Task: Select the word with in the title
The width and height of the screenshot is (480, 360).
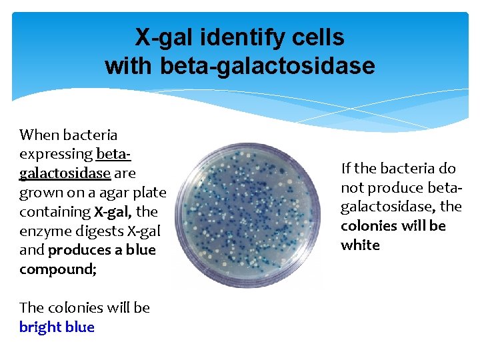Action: click(x=129, y=66)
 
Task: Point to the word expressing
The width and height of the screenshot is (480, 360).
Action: click(x=55, y=155)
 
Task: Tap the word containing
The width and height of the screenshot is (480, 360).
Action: click(x=55, y=212)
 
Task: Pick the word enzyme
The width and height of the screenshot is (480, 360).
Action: click(x=43, y=231)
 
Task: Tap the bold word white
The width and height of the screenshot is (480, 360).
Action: click(x=360, y=245)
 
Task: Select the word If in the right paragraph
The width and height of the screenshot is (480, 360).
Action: click(x=345, y=168)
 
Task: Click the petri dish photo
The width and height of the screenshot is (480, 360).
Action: click(x=246, y=213)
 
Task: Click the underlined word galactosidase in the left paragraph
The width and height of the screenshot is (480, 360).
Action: click(x=65, y=173)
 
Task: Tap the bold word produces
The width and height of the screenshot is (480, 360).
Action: click(x=79, y=250)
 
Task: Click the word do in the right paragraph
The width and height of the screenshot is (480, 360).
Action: click(x=447, y=168)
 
